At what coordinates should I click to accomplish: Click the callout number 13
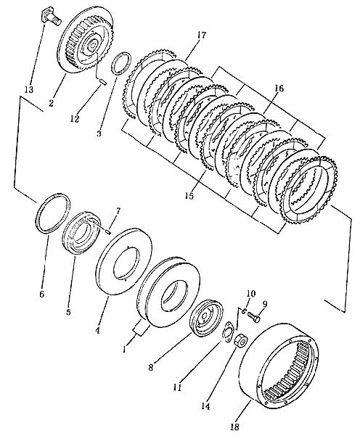pos(29,89)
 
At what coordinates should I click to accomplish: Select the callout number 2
pos(51,103)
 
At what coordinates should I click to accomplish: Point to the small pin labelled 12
pos(103,82)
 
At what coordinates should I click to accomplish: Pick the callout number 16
pos(279,89)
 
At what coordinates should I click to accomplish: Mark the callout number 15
pos(189,195)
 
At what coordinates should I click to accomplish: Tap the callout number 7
pos(118,210)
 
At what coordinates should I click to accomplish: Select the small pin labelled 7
pos(107,231)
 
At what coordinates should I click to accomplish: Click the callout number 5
pos(68,312)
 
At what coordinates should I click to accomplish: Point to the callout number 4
pos(97,330)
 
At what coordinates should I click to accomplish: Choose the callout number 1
pos(124,350)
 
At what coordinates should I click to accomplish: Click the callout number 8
pos(151,367)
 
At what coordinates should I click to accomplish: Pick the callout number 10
pos(250,294)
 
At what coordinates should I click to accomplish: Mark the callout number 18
pos(235,427)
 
